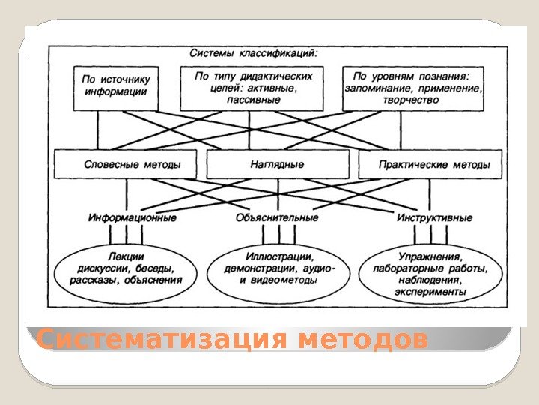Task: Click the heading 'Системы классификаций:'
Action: click(x=253, y=54)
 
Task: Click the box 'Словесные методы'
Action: click(x=126, y=164)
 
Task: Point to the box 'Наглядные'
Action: click(x=277, y=164)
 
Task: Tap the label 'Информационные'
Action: click(x=132, y=218)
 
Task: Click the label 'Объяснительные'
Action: click(x=276, y=218)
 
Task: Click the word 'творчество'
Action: click(x=411, y=100)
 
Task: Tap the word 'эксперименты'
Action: click(x=433, y=292)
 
